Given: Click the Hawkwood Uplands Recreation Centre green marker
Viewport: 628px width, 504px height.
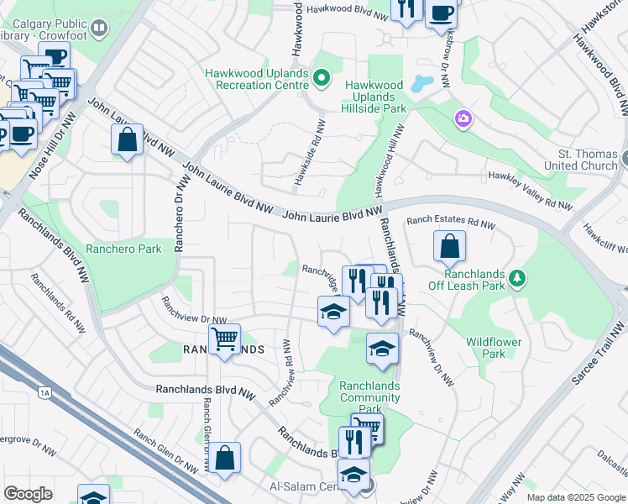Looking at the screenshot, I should (x=321, y=79).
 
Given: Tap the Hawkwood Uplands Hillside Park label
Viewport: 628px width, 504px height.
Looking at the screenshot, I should (x=374, y=97).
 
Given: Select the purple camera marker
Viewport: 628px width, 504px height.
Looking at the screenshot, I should (x=463, y=120).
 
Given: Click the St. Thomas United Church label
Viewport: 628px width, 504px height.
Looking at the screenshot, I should (x=588, y=160).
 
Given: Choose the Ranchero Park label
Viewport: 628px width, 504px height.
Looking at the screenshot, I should (x=126, y=249).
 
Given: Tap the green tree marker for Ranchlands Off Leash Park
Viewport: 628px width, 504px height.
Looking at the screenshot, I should (x=518, y=277).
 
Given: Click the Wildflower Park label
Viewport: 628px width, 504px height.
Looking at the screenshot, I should (x=494, y=348).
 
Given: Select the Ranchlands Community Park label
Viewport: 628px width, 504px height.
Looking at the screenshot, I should (x=369, y=397).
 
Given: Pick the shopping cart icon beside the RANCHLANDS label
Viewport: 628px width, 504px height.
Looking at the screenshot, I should (x=224, y=339).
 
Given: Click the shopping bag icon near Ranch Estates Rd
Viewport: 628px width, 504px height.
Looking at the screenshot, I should (x=450, y=247).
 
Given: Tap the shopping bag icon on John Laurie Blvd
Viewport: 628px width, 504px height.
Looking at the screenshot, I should (x=127, y=139).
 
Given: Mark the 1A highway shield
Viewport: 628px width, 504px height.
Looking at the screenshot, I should (x=44, y=391).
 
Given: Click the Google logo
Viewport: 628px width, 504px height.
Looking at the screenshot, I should (x=29, y=493).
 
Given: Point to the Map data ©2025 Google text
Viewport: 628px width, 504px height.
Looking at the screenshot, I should (x=576, y=497).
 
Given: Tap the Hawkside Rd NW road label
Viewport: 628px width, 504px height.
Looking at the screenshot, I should (x=319, y=152).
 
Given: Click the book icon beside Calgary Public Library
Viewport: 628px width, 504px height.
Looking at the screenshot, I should (x=99, y=30).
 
